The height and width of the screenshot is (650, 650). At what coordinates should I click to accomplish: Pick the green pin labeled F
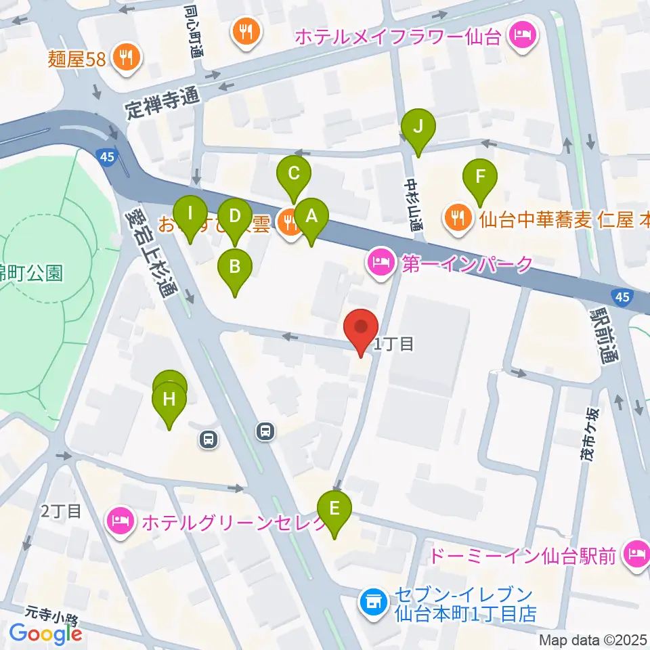point(480,179)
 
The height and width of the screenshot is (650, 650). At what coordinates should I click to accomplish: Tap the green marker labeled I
point(190,215)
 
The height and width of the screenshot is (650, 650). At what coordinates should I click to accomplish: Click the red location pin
point(361,330)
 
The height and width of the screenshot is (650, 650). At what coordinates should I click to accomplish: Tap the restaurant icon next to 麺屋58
point(126,58)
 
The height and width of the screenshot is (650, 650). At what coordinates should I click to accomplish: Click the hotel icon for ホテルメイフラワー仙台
point(523,34)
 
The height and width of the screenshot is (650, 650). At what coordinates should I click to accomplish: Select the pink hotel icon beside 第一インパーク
point(381,264)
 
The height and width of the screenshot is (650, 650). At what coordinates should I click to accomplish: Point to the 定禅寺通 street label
point(164,99)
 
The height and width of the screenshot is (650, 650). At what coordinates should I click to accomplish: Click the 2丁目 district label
point(61,511)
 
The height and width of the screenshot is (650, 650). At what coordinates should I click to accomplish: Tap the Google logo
point(45,634)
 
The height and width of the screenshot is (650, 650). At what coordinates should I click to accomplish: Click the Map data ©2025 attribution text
point(593,639)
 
